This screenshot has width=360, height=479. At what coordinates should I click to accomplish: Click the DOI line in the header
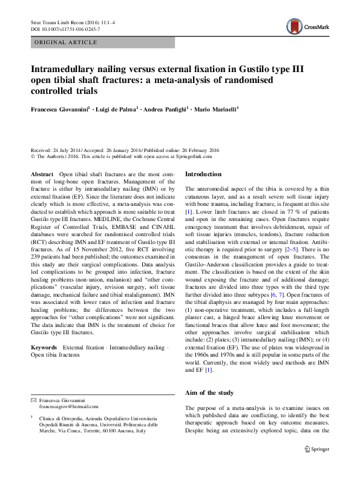pyautogui.click(x=65, y=29)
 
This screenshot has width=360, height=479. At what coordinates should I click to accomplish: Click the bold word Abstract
pyautogui.click(x=42, y=174)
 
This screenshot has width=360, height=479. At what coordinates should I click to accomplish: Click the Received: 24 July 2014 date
pyautogui.click(x=57, y=150)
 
